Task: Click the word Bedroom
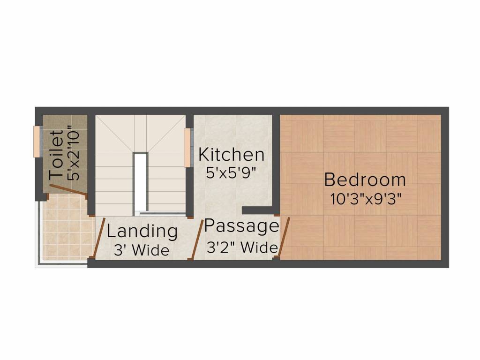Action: (x=365, y=180)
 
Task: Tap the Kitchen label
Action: (x=231, y=154)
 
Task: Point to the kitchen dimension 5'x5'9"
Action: (x=232, y=172)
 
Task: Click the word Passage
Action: (x=241, y=226)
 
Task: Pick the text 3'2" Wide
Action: (x=242, y=247)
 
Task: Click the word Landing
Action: (x=142, y=232)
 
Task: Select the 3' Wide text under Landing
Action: (x=142, y=250)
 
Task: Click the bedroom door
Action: (x=284, y=237)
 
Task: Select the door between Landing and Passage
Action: (x=198, y=239)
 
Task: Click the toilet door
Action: (x=68, y=190)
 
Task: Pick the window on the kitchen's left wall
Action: (x=187, y=147)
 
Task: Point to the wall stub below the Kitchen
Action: (x=258, y=210)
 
